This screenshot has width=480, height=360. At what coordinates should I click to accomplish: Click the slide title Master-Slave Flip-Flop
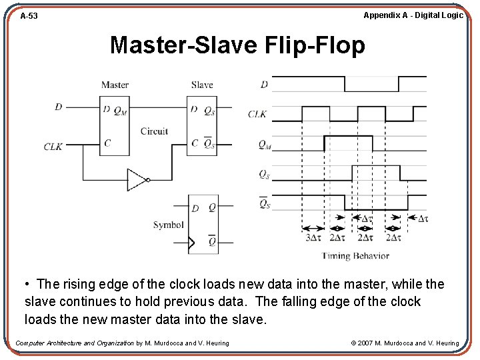[237, 45]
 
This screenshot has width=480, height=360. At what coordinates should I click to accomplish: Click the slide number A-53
[29, 15]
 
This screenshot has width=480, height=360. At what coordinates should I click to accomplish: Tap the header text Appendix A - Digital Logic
[413, 15]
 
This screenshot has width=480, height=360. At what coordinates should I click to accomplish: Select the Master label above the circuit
[115, 85]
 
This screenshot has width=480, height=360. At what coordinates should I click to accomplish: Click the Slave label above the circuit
[201, 85]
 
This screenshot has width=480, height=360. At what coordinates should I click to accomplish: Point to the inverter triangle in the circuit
[136, 179]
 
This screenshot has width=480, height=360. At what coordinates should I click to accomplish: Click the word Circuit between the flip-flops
[154, 131]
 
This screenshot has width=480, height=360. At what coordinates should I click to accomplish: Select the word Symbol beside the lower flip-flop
[168, 225]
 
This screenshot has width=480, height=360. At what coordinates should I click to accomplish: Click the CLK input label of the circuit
[53, 146]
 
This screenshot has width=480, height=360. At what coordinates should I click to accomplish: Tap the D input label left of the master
[59, 107]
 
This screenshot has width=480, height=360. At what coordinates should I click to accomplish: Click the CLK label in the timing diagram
[257, 114]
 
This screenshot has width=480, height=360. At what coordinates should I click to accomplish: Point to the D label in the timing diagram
[264, 85]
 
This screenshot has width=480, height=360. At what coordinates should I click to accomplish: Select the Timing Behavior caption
[355, 256]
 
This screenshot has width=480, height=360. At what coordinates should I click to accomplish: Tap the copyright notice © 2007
[405, 343]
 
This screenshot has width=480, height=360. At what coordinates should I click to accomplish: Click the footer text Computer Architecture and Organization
[75, 343]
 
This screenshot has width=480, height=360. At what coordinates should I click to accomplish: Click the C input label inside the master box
[107, 143]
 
